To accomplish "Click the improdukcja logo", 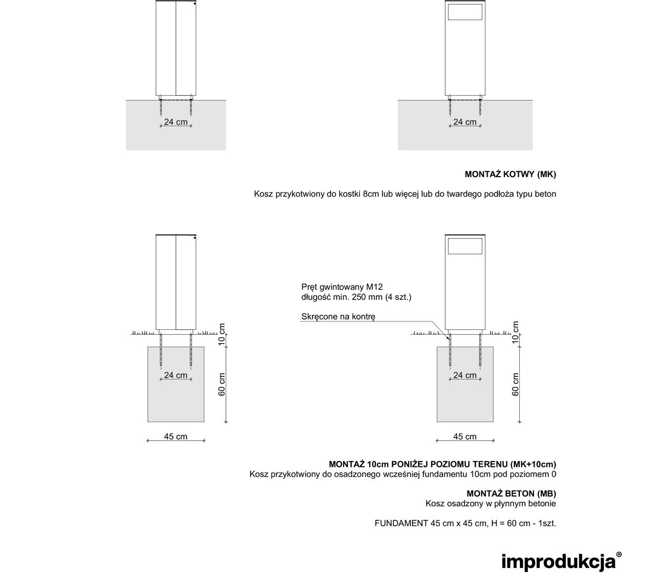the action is pos(558,562).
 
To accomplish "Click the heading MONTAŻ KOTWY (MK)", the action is pos(510,174).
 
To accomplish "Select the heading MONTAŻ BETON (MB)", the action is pos(511,493).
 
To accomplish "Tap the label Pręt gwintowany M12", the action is pos(342,287).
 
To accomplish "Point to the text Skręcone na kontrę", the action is pos(338,317).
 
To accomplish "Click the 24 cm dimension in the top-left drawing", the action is pos(176,122).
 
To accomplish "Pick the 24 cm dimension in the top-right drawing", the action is pos(465,122).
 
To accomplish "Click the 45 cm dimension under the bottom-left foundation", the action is pos(176,437).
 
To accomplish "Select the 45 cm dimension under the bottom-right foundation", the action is pos(465,437).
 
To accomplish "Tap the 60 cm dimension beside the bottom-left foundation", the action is pos(222,384).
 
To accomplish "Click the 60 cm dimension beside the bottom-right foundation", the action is pos(516,384).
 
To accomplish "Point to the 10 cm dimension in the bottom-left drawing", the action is pos(222,335).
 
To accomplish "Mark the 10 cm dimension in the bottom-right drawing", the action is pos(516,333).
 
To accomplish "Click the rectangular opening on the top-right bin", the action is pos(465,12).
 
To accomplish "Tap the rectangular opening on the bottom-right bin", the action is pos(465,246).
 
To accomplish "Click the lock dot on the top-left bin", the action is pos(195,4).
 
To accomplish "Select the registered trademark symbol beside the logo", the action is pos(619,554).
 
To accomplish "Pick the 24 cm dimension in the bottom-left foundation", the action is pos(176,375).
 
